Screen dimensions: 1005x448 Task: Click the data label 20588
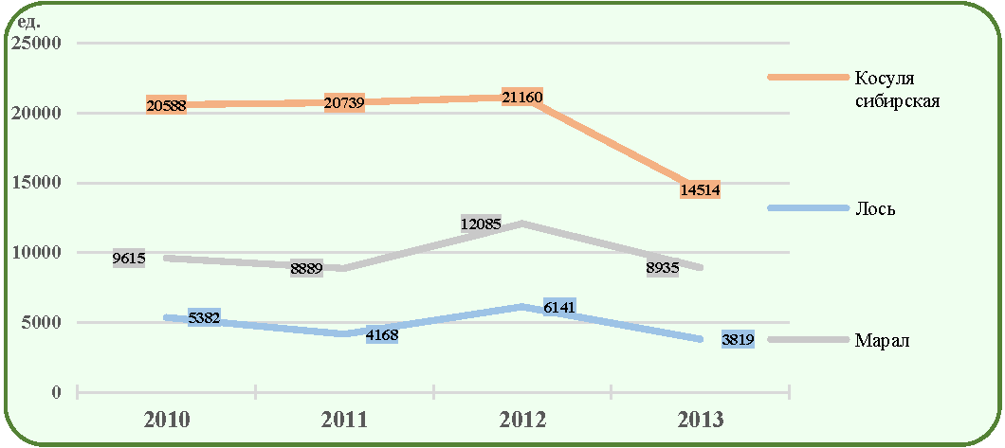coord(166,105)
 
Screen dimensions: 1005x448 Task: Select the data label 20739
coord(345,102)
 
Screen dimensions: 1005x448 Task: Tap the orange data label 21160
coord(523,98)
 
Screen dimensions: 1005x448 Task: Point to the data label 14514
coord(701,189)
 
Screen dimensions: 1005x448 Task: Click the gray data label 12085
coord(481,224)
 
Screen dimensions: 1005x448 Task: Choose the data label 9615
coord(129,260)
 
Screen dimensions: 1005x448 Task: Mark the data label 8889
coord(306,269)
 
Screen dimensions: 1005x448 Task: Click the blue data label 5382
coord(204,318)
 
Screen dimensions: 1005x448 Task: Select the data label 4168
coord(383,335)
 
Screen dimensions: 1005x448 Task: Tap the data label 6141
coord(559,308)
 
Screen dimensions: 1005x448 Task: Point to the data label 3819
coord(738,339)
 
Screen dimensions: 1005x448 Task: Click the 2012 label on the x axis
coord(523,421)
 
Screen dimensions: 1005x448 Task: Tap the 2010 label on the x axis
coord(167,421)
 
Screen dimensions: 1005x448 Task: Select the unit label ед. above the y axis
coord(28,24)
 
